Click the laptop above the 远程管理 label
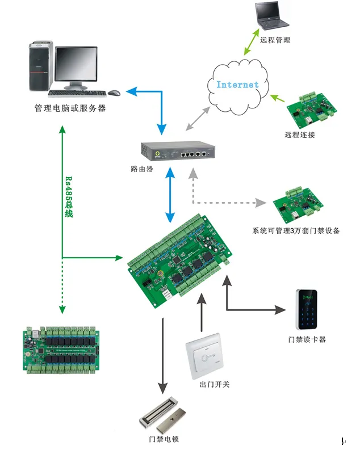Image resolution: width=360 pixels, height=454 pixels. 271,16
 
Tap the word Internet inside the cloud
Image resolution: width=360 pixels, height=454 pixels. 237,85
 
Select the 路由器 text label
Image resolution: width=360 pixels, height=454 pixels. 142,169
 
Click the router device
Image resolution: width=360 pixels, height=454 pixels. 178,150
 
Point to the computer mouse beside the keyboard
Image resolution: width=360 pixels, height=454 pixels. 114,93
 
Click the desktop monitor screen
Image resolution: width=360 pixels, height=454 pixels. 76,64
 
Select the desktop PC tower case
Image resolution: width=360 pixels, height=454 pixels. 41,66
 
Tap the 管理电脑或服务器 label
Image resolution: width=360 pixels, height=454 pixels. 70,108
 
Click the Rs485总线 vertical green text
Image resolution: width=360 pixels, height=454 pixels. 69,197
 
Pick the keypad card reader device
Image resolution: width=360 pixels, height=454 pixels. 307,309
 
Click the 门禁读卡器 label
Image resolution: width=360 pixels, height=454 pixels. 307,339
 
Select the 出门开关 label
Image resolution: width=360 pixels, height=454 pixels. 215,385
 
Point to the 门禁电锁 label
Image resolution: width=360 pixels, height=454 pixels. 164,439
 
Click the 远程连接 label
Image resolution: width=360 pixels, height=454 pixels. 300,134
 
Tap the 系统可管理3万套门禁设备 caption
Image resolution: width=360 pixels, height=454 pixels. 296,231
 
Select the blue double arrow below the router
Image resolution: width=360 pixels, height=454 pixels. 170,195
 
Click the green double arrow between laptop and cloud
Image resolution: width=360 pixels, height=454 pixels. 252,41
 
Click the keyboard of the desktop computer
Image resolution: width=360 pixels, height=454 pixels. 77,94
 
